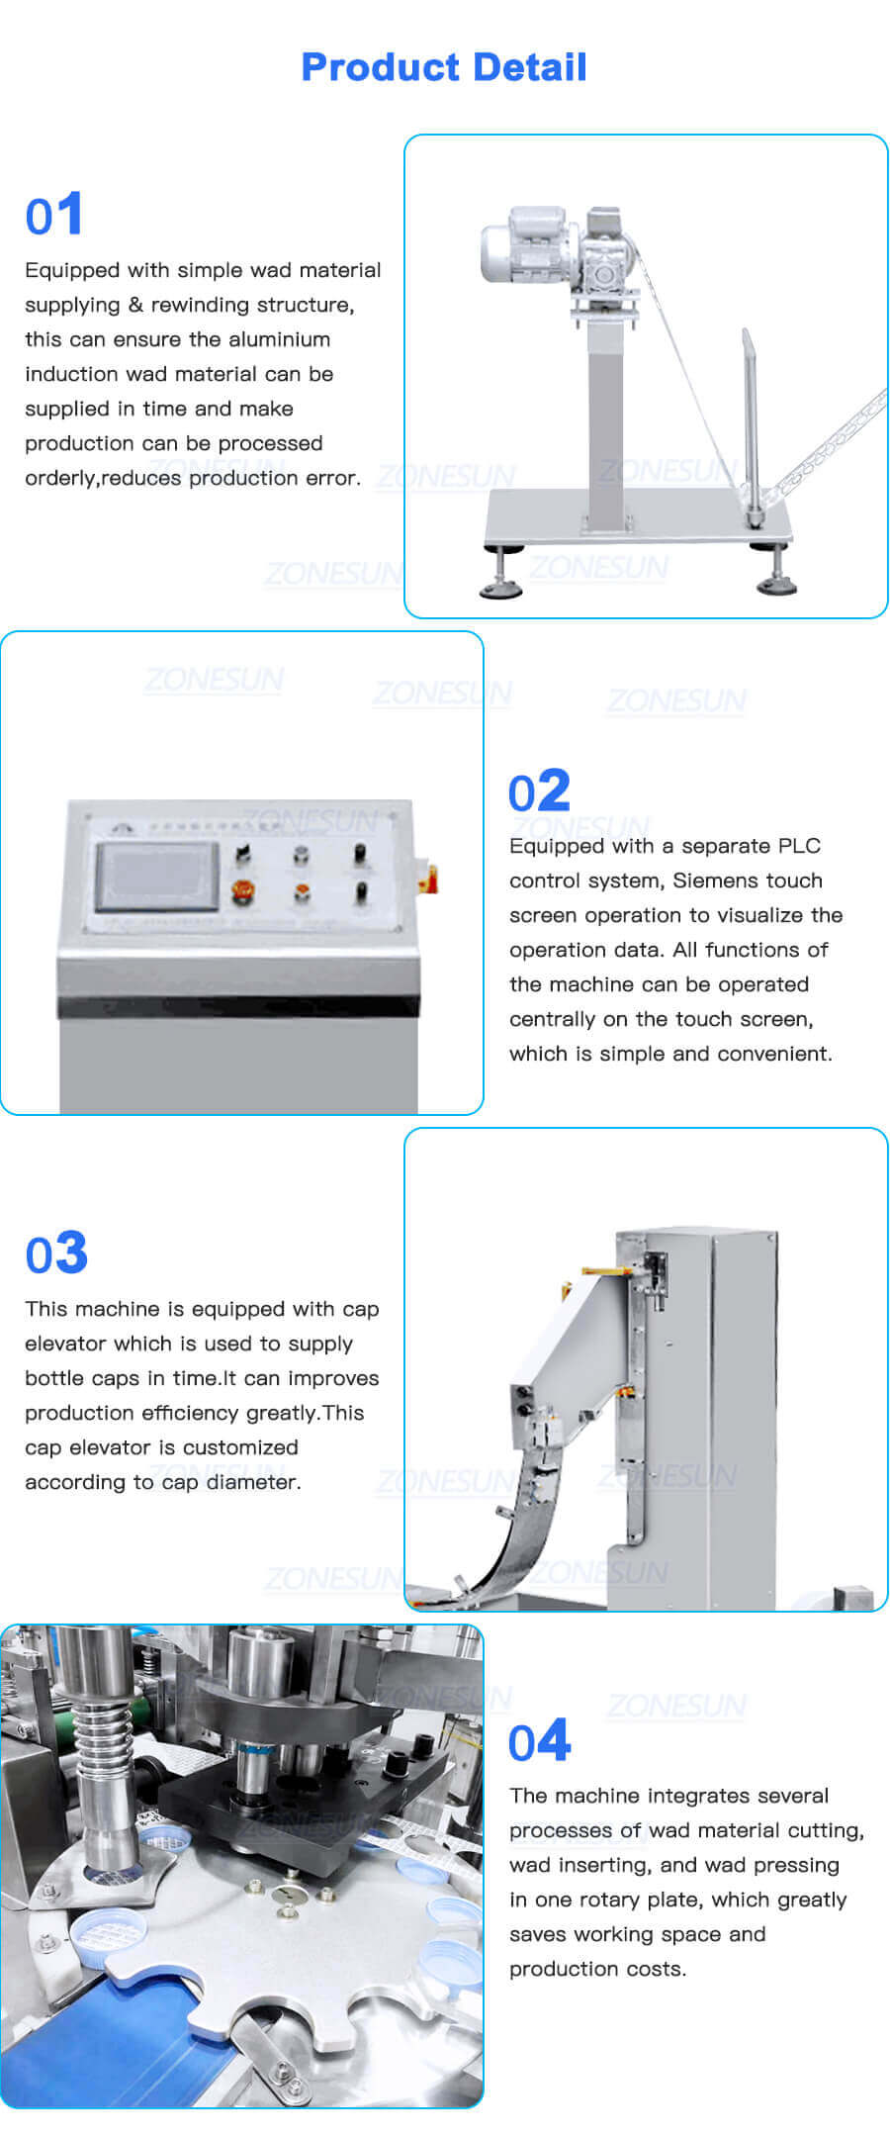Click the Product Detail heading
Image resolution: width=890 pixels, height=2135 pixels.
pos(444,67)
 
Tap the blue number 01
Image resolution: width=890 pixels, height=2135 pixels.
pos(54,215)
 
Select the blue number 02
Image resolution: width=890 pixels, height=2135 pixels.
pos(539,791)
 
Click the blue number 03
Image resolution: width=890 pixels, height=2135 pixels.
pos(56,1253)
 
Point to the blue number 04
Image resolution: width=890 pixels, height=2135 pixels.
pos(540,1741)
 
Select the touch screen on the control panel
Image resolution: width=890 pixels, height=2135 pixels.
pos(156,877)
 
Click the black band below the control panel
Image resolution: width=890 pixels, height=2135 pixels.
pos(238,1007)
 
